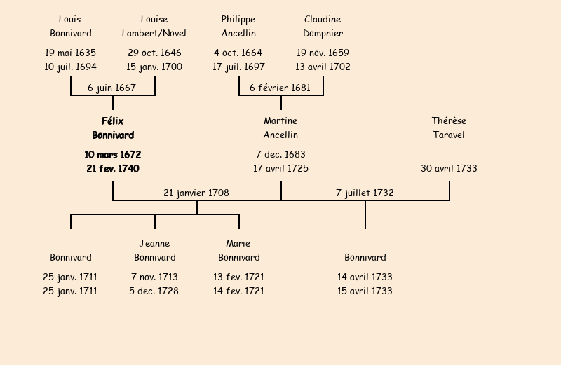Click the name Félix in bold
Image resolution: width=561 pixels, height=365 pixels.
point(112,121)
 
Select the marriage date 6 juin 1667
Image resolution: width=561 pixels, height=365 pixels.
point(111,88)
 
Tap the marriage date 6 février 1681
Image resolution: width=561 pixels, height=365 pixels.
point(280,88)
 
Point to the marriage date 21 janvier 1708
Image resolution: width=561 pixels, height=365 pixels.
point(196,193)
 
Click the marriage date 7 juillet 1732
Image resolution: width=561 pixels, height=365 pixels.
point(365,193)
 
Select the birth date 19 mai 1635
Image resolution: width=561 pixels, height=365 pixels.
point(70,53)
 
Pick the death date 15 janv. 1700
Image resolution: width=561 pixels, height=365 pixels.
point(154,67)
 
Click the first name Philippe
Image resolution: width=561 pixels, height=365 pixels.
point(238,20)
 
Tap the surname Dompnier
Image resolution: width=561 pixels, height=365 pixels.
point(323,34)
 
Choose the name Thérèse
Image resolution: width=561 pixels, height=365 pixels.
point(449,121)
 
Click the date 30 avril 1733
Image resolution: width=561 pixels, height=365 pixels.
point(449,169)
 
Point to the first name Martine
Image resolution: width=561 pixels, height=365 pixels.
point(280,121)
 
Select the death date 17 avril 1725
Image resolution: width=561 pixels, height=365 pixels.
point(280,169)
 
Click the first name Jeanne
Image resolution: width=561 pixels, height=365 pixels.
point(154,244)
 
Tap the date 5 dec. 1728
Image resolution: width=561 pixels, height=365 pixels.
point(154,291)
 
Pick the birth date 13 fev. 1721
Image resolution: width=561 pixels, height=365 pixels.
point(238,277)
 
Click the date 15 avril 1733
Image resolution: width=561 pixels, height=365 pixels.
point(365,291)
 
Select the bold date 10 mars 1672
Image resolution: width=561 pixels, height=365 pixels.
point(112,155)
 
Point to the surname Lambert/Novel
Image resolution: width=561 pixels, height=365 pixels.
point(154,34)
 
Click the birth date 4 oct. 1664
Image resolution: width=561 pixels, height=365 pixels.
point(238,53)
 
